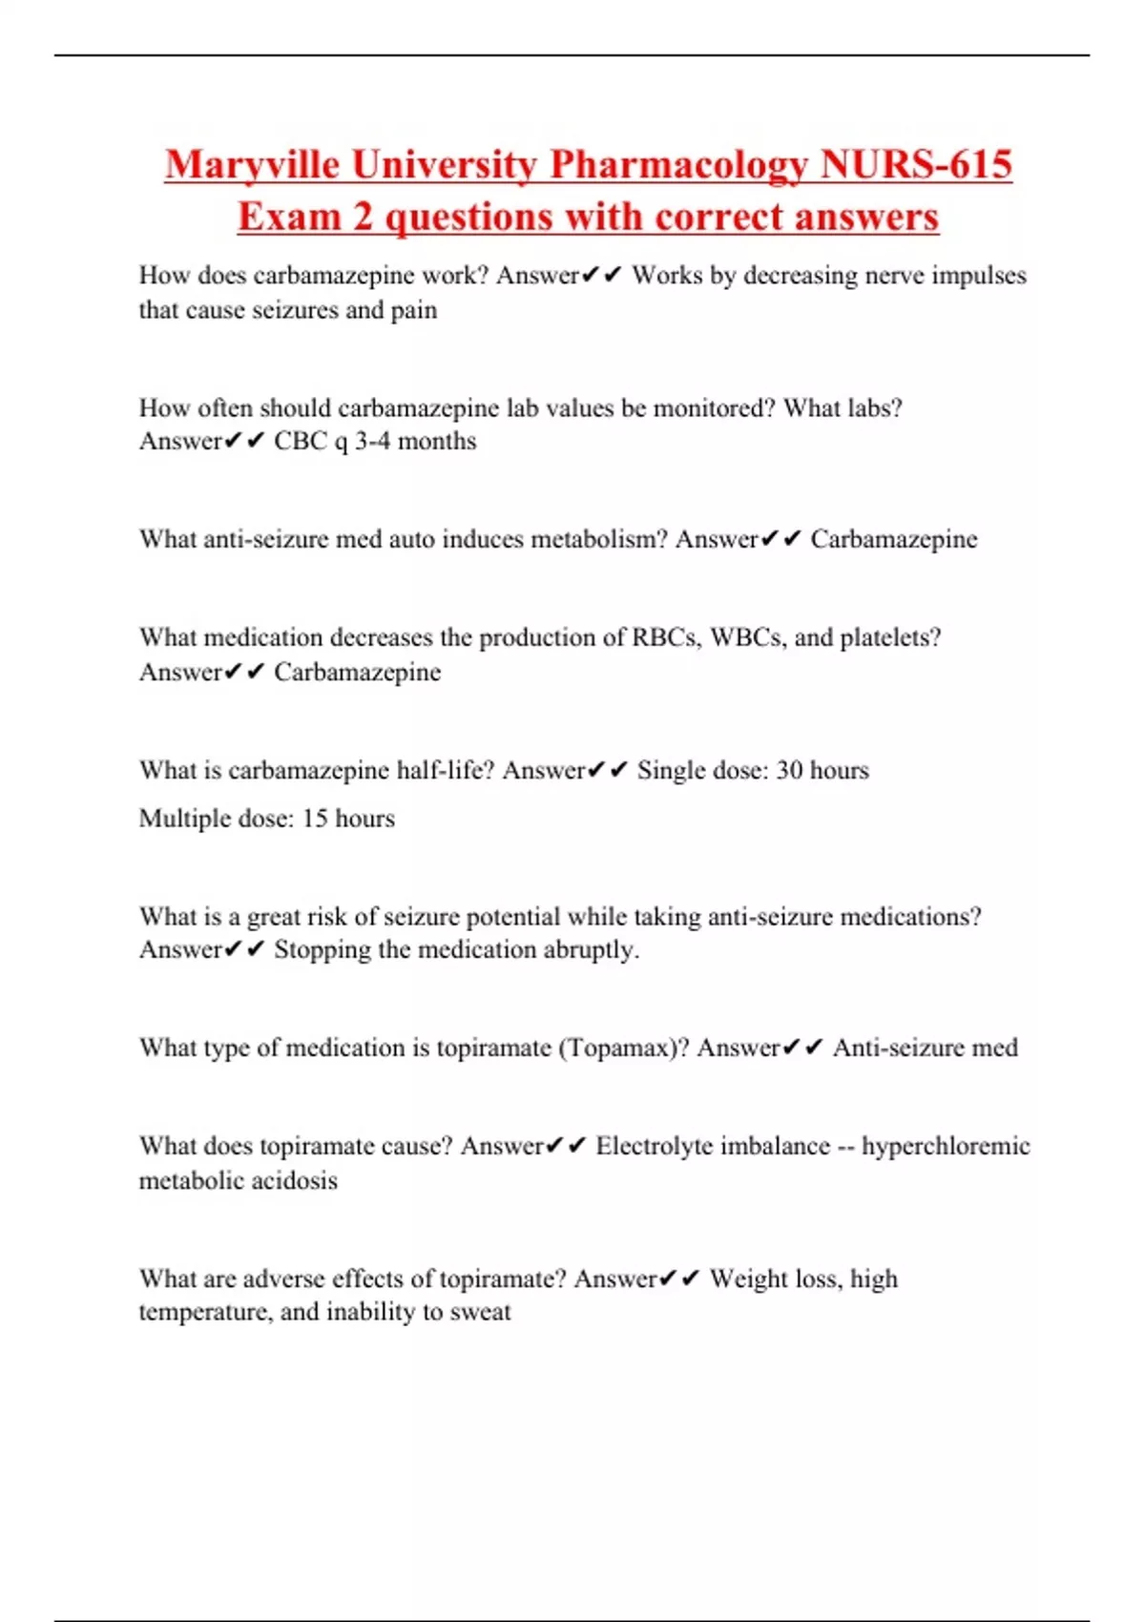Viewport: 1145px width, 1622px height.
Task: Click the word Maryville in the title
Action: [252, 164]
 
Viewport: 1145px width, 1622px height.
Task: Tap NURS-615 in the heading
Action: [916, 164]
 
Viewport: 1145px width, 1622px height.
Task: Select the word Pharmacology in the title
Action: [678, 164]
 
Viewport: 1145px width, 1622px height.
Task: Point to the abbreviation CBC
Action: [301, 441]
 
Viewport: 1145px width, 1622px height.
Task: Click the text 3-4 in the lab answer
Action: [372, 441]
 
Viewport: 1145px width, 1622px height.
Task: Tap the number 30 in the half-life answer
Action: [789, 770]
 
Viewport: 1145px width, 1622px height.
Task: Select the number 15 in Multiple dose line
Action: [315, 819]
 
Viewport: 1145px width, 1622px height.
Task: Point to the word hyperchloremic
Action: [946, 1146]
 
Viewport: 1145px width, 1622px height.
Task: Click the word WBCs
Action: [748, 637]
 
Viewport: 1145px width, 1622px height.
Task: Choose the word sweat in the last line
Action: [480, 1312]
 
